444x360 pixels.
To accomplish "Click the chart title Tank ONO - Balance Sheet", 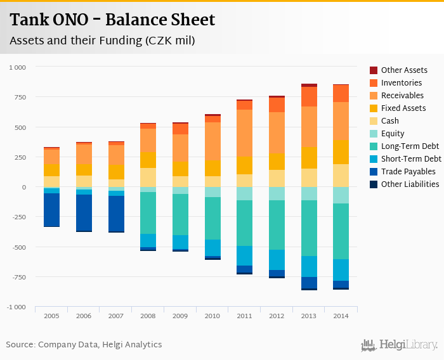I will pyautogui.click(x=112, y=20).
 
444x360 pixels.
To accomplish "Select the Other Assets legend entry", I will pyautogui.click(x=404, y=70).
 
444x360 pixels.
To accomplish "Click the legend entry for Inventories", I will pyautogui.click(x=402, y=83).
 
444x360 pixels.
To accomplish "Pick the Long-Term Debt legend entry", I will pyautogui.click(x=410, y=146).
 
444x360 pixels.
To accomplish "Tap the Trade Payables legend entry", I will pyautogui.click(x=408, y=172).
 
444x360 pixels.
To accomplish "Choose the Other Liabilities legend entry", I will pyautogui.click(x=410, y=184).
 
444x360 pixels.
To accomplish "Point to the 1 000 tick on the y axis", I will pyautogui.click(x=17, y=67).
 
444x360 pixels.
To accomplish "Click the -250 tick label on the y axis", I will pyautogui.click(x=17, y=217).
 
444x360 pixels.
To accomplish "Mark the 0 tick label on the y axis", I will pyautogui.click(x=23, y=187).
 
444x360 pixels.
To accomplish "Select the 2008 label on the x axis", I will pyautogui.click(x=148, y=315).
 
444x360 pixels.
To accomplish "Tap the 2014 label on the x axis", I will pyautogui.click(x=341, y=315).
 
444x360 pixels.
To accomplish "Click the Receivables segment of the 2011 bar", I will pyautogui.click(x=244, y=133).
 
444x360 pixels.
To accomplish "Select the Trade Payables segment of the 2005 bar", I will pyautogui.click(x=52, y=209).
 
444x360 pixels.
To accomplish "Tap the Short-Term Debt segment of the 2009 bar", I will pyautogui.click(x=180, y=242).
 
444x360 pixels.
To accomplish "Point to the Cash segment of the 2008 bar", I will pyautogui.click(x=148, y=177).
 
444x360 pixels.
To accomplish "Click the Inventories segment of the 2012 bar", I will pyautogui.click(x=277, y=105).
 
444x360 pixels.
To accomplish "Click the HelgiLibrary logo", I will pyautogui.click(x=399, y=345).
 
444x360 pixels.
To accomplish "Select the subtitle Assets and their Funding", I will pyautogui.click(x=101, y=41).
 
